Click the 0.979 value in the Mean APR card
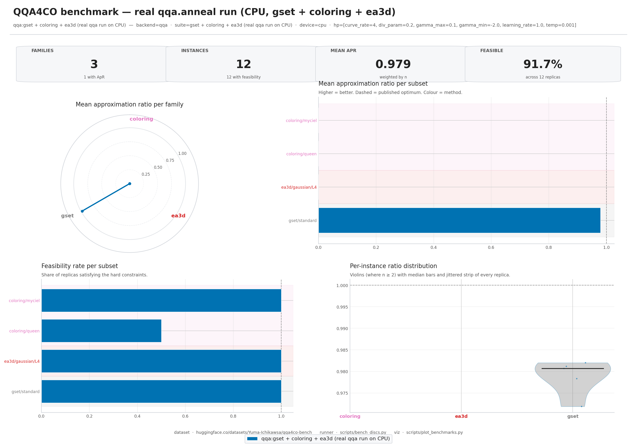coord(393,64)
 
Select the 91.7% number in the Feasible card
coord(542,64)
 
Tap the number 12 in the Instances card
coord(243,64)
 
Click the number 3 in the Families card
coord(94,64)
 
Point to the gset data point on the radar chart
coord(82,211)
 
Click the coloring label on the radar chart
coord(141,119)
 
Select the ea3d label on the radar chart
coord(178,216)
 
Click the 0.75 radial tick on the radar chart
coord(170,160)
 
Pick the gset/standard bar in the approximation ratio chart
coord(459,220)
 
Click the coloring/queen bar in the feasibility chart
coord(101,331)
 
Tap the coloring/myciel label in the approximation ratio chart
coord(301,120)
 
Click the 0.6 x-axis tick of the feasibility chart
coord(185,416)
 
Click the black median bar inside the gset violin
coord(572,369)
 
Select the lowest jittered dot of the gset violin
coord(581,406)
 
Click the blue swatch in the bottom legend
coord(252,439)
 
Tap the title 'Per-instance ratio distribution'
coord(393,266)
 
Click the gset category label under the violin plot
coord(573,416)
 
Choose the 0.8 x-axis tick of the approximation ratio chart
coord(549,247)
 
